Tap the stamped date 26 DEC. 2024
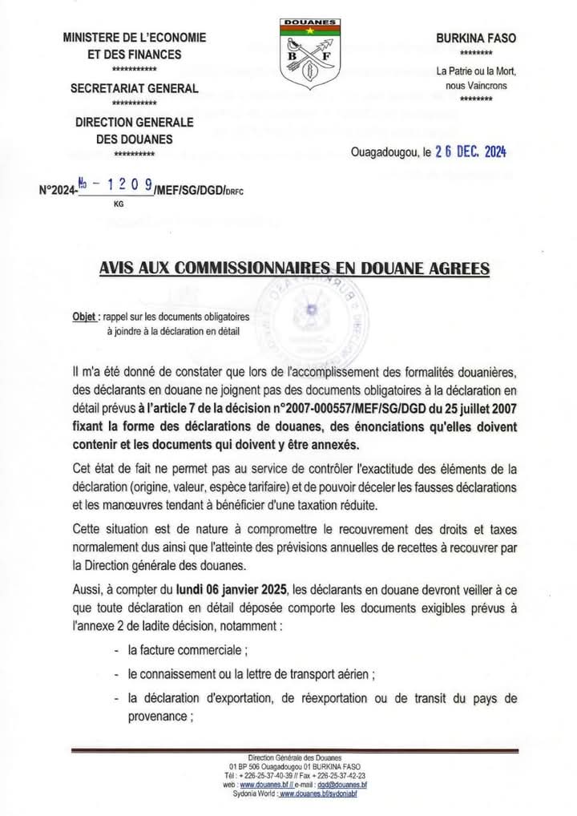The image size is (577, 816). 470,152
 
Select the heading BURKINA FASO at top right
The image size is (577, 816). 476,38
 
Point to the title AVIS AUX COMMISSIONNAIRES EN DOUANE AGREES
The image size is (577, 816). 294,268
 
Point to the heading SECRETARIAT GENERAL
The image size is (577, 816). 135,88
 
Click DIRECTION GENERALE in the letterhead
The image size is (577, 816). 135,122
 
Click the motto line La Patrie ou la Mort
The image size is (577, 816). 476,71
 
